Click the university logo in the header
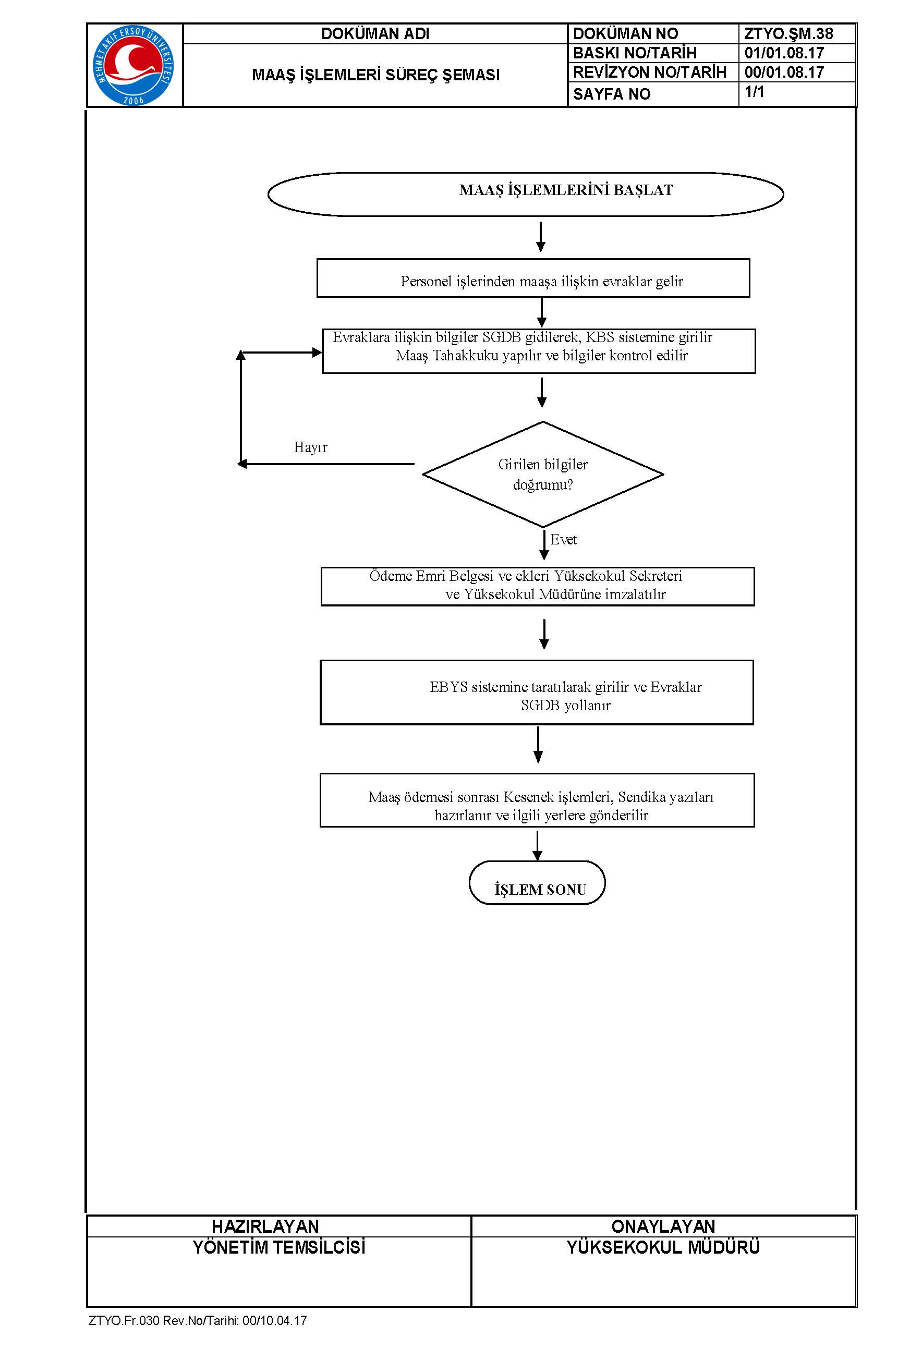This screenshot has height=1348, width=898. pos(134,65)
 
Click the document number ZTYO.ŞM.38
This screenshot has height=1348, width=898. pos(788,34)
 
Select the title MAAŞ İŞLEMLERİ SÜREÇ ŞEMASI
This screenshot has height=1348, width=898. pos(375,75)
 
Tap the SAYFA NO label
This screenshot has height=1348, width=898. pos(612,94)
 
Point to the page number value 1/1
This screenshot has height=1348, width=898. pos(754,92)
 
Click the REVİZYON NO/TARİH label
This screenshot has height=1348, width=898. pos(649,72)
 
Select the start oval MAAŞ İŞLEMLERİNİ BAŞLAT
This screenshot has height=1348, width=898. pos(526,194)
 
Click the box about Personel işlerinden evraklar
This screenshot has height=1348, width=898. pos(533,278)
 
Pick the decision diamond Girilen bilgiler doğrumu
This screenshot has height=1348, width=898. pos(543,474)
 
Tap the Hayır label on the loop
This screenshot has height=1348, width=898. pos(310,447)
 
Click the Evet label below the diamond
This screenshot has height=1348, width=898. pos(564,539)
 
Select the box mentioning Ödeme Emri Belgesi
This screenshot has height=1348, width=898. pos(538,586)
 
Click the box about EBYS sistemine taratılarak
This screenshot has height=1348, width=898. pos(537,693)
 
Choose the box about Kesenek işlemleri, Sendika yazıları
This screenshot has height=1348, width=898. pos(537,800)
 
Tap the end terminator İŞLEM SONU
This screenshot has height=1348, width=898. pos(537,882)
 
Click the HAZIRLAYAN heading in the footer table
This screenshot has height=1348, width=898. pos(265,1226)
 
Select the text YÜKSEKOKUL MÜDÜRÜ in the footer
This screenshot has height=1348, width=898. pos(663,1248)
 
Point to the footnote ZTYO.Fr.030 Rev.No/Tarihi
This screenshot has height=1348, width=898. pos(198,1320)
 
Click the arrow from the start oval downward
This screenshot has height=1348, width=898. pos(541,237)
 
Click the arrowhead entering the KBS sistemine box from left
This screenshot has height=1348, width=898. pos(317,353)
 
